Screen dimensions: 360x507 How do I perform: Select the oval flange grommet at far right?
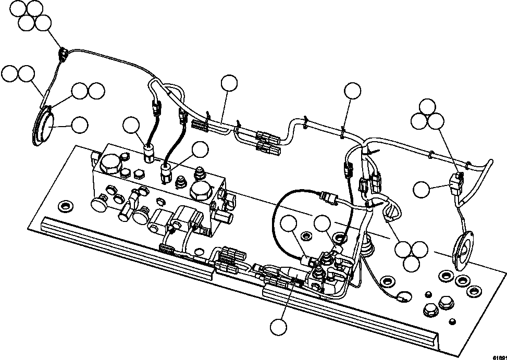[462, 252]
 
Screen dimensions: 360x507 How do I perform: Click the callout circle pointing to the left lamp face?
[79, 125]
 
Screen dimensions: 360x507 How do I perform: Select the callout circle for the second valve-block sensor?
[199, 150]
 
